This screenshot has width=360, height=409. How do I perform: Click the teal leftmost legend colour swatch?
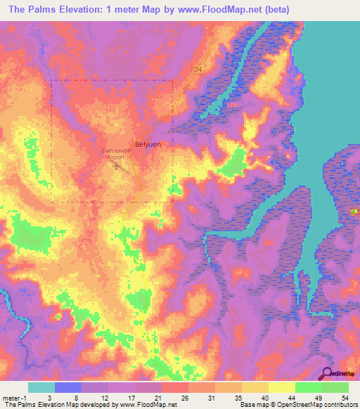coord(41,387)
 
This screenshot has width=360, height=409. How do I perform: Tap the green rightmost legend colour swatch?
coord(335,387)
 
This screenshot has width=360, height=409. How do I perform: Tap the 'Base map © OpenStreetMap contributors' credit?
coord(298,405)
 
